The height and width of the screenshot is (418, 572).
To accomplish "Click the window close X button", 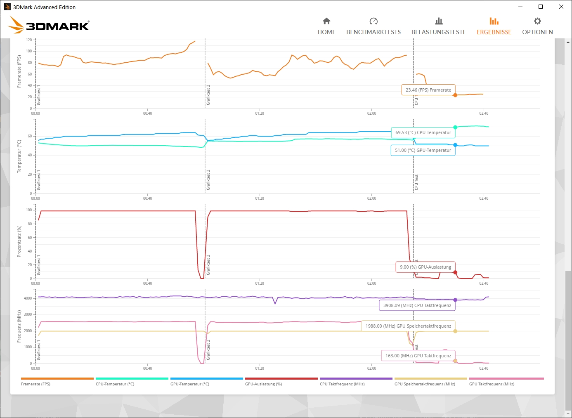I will pos(561,7).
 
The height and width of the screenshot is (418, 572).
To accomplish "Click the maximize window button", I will pos(541,7).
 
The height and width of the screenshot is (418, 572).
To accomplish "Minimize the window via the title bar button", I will pos(520,7).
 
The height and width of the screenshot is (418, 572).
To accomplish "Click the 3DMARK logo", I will pos(49,26).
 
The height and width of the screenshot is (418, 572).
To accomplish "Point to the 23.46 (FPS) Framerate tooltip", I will pos(428,90).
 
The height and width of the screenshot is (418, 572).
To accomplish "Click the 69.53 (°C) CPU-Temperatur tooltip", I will pos(423,132).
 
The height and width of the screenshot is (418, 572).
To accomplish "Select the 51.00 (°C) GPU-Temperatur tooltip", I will pos(423,150).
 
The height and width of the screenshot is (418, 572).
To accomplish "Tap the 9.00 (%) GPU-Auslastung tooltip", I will pos(425,267).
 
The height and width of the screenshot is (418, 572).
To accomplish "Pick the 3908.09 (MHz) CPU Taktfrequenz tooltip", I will pos(417,305).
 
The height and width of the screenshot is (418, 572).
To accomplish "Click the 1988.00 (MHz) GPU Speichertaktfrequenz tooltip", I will pos(408,326).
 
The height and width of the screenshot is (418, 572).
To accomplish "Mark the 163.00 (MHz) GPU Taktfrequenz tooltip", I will pos(418,356).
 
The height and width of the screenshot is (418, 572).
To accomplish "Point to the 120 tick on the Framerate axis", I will pos(29,40).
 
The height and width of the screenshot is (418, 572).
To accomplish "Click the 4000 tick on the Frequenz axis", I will pos(28,298).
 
